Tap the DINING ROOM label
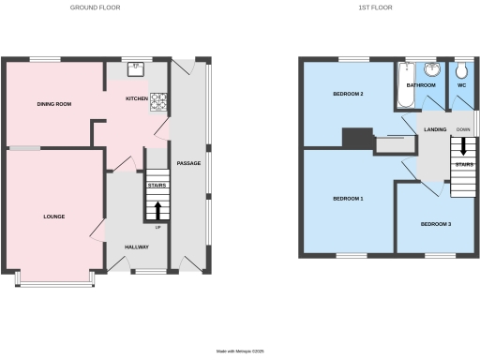(54, 103)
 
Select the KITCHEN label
(138, 97)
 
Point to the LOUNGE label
(54, 217)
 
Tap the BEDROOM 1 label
(348, 199)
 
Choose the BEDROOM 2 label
(348, 95)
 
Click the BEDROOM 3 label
(435, 224)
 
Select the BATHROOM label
(420, 84)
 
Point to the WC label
(460, 84)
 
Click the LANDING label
(434, 129)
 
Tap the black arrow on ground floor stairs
(157, 209)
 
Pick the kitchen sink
(137, 66)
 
